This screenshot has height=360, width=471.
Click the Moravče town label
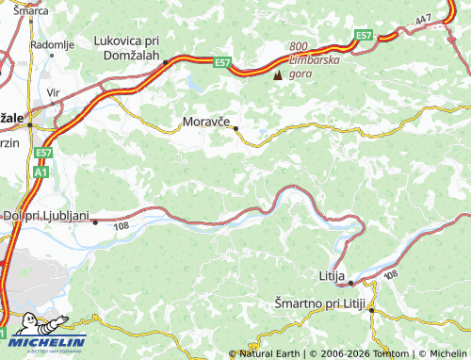click(206, 122)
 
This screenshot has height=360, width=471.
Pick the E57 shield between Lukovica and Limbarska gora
click(222, 63)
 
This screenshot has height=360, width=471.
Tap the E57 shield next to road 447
click(364, 36)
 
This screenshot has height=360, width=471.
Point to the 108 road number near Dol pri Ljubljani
click(121, 226)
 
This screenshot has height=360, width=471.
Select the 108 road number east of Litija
click(392, 274)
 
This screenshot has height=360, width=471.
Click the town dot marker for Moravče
click(235, 128)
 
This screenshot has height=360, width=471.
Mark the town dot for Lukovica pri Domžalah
click(165, 62)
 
